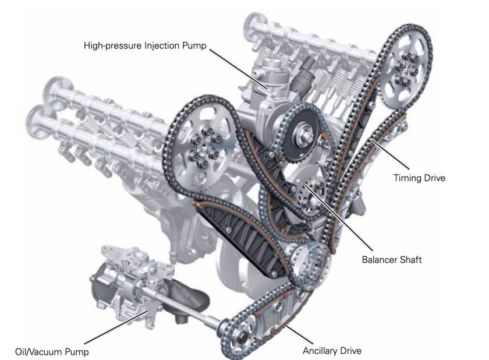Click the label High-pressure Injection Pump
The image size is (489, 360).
(144, 45)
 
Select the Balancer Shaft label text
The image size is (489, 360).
(391, 260)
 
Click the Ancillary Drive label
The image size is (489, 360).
(332, 351)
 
